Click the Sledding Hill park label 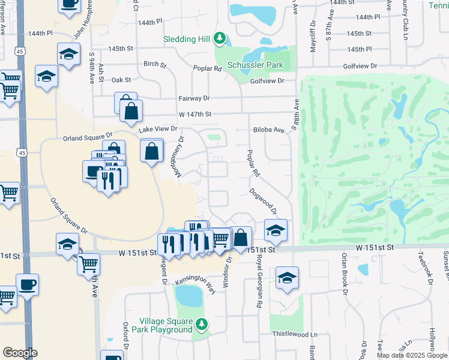click(x=187, y=40)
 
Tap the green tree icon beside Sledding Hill click(x=220, y=40)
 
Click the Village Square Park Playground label click(x=165, y=325)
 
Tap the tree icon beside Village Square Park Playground click(x=202, y=325)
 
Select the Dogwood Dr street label click(x=264, y=202)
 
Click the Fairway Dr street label click(x=193, y=98)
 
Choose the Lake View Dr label click(x=158, y=128)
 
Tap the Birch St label click(x=154, y=64)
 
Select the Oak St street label click(x=121, y=79)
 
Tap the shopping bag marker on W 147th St click(x=130, y=111)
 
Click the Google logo click(x=20, y=353)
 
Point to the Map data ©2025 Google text click(x=412, y=355)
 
